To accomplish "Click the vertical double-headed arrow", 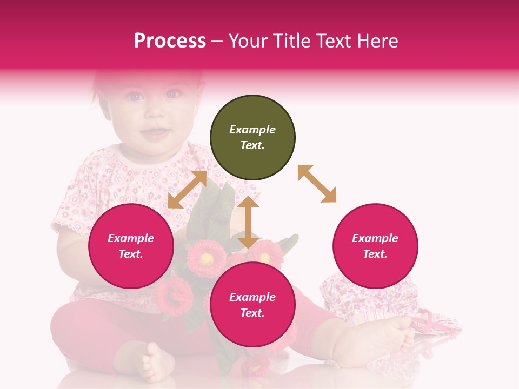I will tap(248, 222).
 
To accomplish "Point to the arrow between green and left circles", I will tap(187, 190).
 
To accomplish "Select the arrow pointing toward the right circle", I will tap(317, 184).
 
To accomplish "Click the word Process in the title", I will tap(170, 41).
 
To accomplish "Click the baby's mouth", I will tap(154, 132).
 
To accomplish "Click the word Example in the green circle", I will tap(252, 130).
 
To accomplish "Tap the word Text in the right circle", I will tap(374, 254).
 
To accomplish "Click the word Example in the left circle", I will tap(131, 238).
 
